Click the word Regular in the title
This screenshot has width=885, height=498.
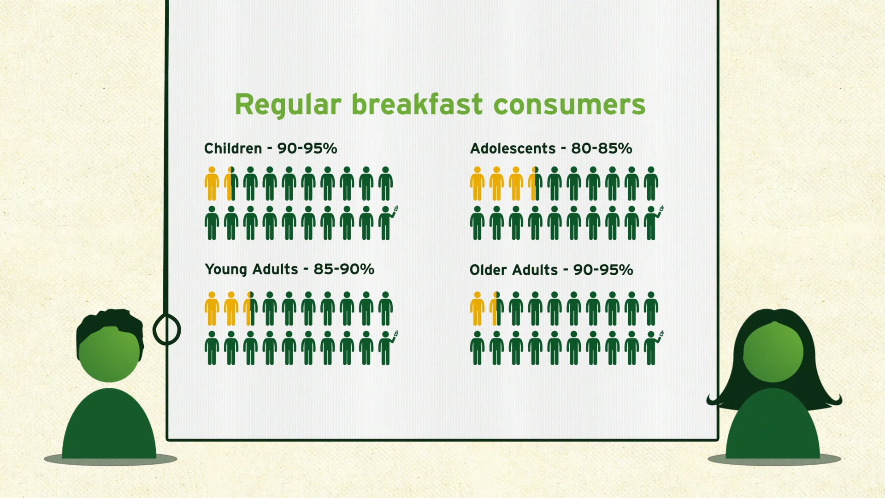click(x=288, y=105)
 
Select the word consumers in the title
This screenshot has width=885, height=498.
click(x=569, y=105)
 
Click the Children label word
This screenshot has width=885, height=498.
click(x=233, y=148)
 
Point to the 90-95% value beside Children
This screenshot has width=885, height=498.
click(x=307, y=148)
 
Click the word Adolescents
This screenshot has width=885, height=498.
click(x=513, y=148)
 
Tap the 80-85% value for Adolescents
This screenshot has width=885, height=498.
click(x=602, y=148)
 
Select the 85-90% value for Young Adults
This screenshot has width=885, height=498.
click(x=344, y=269)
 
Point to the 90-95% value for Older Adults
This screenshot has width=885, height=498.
click(x=603, y=270)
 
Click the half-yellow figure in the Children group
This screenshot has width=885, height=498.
click(x=231, y=184)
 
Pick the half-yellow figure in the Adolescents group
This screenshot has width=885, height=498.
click(x=535, y=184)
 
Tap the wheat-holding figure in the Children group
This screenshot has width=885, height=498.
click(x=386, y=223)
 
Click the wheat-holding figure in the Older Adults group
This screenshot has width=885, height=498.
click(x=652, y=348)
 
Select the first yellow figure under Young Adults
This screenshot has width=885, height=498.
click(x=212, y=308)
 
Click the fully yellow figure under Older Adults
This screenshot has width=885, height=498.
click(x=477, y=308)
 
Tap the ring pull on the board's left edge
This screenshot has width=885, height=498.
click(x=166, y=330)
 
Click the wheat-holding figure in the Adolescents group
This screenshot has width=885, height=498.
click(x=652, y=223)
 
